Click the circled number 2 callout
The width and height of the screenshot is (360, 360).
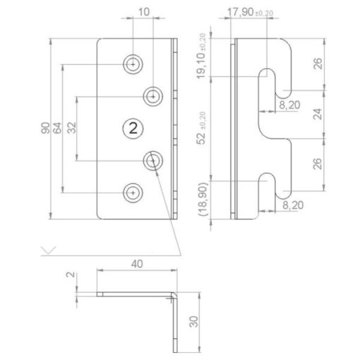click(133, 128)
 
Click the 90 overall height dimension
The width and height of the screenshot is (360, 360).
click(45, 128)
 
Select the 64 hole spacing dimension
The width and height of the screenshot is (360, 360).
click(58, 128)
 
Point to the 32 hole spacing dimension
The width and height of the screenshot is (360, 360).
click(72, 128)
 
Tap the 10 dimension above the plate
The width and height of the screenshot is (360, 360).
click(143, 12)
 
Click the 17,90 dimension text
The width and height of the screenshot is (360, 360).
click(240, 12)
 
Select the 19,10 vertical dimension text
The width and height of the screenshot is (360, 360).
click(200, 66)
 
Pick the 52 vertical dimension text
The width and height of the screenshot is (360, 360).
click(201, 138)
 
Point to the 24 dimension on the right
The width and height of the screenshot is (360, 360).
click(318, 114)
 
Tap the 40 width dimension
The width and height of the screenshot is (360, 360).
click(137, 264)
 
